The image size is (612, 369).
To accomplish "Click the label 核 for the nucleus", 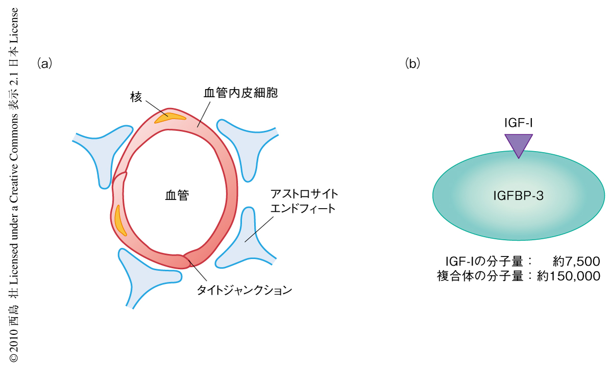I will click(136, 97).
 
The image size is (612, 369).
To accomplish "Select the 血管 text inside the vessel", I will click(177, 195).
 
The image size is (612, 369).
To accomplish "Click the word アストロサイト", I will click(304, 195).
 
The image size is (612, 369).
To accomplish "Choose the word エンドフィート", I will click(303, 209).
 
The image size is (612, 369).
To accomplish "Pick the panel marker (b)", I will click(412, 64).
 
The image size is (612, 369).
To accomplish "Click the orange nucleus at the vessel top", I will click(170, 117).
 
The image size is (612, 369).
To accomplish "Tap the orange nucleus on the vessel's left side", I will click(120, 219).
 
